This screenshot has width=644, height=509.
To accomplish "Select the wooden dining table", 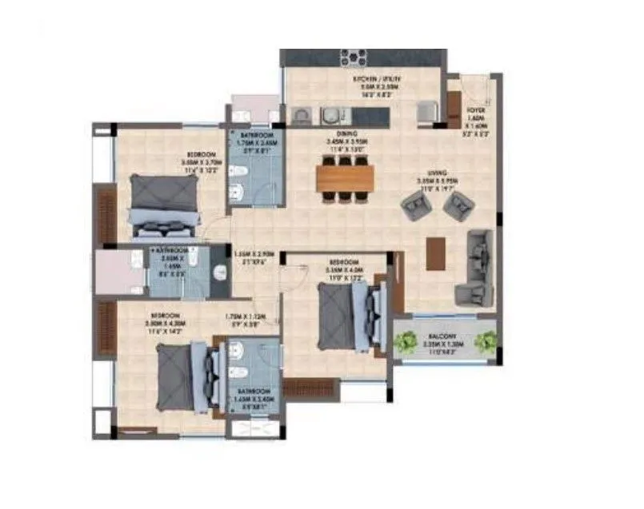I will pyautogui.click(x=345, y=178).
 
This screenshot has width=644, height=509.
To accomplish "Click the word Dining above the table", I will pyautogui.click(x=346, y=134).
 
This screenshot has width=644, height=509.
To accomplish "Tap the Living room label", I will pyautogui.click(x=436, y=173).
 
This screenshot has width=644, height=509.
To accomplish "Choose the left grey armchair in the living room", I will pyautogui.click(x=417, y=208).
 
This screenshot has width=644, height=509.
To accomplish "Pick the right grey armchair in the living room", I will pyautogui.click(x=457, y=207).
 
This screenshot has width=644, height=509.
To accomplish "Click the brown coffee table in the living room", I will pyautogui.click(x=435, y=253).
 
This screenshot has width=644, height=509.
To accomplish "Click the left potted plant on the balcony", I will pyautogui.click(x=405, y=342).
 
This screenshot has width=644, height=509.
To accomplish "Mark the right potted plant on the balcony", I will pyautogui.click(x=485, y=342).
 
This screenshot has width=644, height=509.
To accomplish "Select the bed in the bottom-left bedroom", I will pyautogui.click(x=186, y=373).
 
